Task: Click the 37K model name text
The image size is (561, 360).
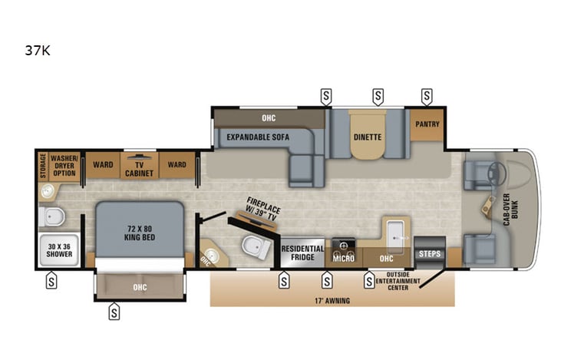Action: pyautogui.click(x=38, y=51)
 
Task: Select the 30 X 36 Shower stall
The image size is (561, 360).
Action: pyautogui.click(x=58, y=252)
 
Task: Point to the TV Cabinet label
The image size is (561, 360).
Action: pyautogui.click(x=139, y=168)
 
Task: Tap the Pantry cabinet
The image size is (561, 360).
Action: pyautogui.click(x=427, y=124)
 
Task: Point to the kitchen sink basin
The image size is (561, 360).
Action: pyautogui.click(x=396, y=232)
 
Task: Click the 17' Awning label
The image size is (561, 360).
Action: pyautogui.click(x=332, y=300)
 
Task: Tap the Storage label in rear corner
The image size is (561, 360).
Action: pyautogui.click(x=43, y=166)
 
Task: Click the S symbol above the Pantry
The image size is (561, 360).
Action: pyautogui.click(x=427, y=97)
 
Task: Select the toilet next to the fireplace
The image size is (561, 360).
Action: pyautogui.click(x=253, y=246)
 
